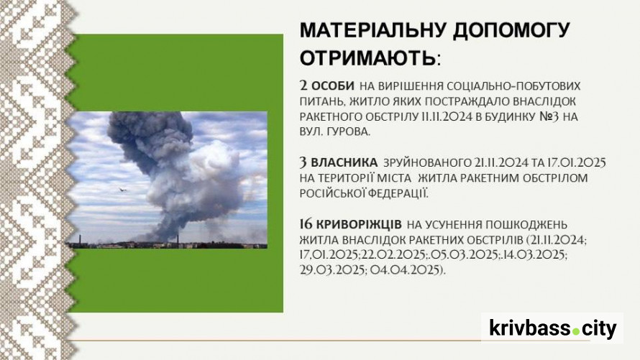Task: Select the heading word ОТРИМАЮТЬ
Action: [368, 58]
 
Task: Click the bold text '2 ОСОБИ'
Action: [327, 86]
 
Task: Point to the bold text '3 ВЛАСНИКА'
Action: [339, 162]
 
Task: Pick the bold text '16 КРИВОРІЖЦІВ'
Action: [351, 224]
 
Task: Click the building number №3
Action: [549, 116]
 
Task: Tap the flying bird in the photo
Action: [122, 190]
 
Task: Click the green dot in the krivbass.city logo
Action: [575, 331]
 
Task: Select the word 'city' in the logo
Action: [599, 329]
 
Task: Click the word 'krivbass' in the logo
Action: [530, 328]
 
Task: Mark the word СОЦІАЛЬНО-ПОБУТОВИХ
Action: [514, 86]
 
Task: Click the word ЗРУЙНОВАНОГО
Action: [426, 162]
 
